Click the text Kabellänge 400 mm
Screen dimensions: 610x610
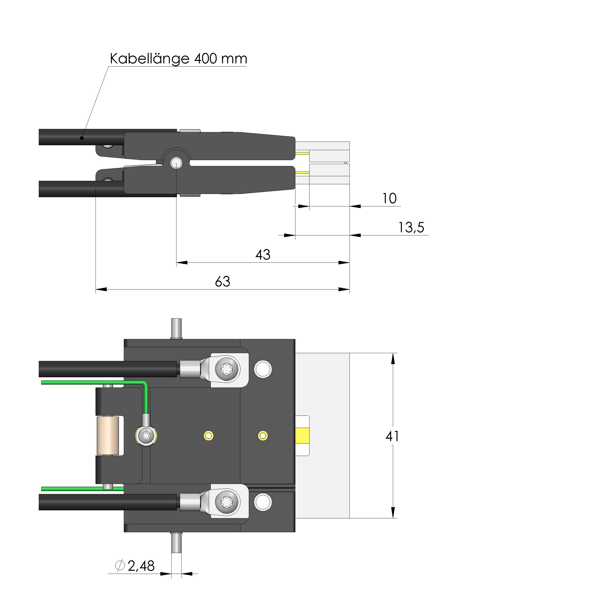[x=178, y=59]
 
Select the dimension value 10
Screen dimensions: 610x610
[x=389, y=198]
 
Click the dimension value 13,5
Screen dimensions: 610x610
[x=411, y=227]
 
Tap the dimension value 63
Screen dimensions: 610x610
[x=223, y=281]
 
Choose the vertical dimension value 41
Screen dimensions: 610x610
[x=392, y=436]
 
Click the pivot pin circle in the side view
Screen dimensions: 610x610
[x=176, y=163]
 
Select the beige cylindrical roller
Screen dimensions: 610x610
[x=108, y=436]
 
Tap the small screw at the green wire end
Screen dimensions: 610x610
[x=146, y=436]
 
